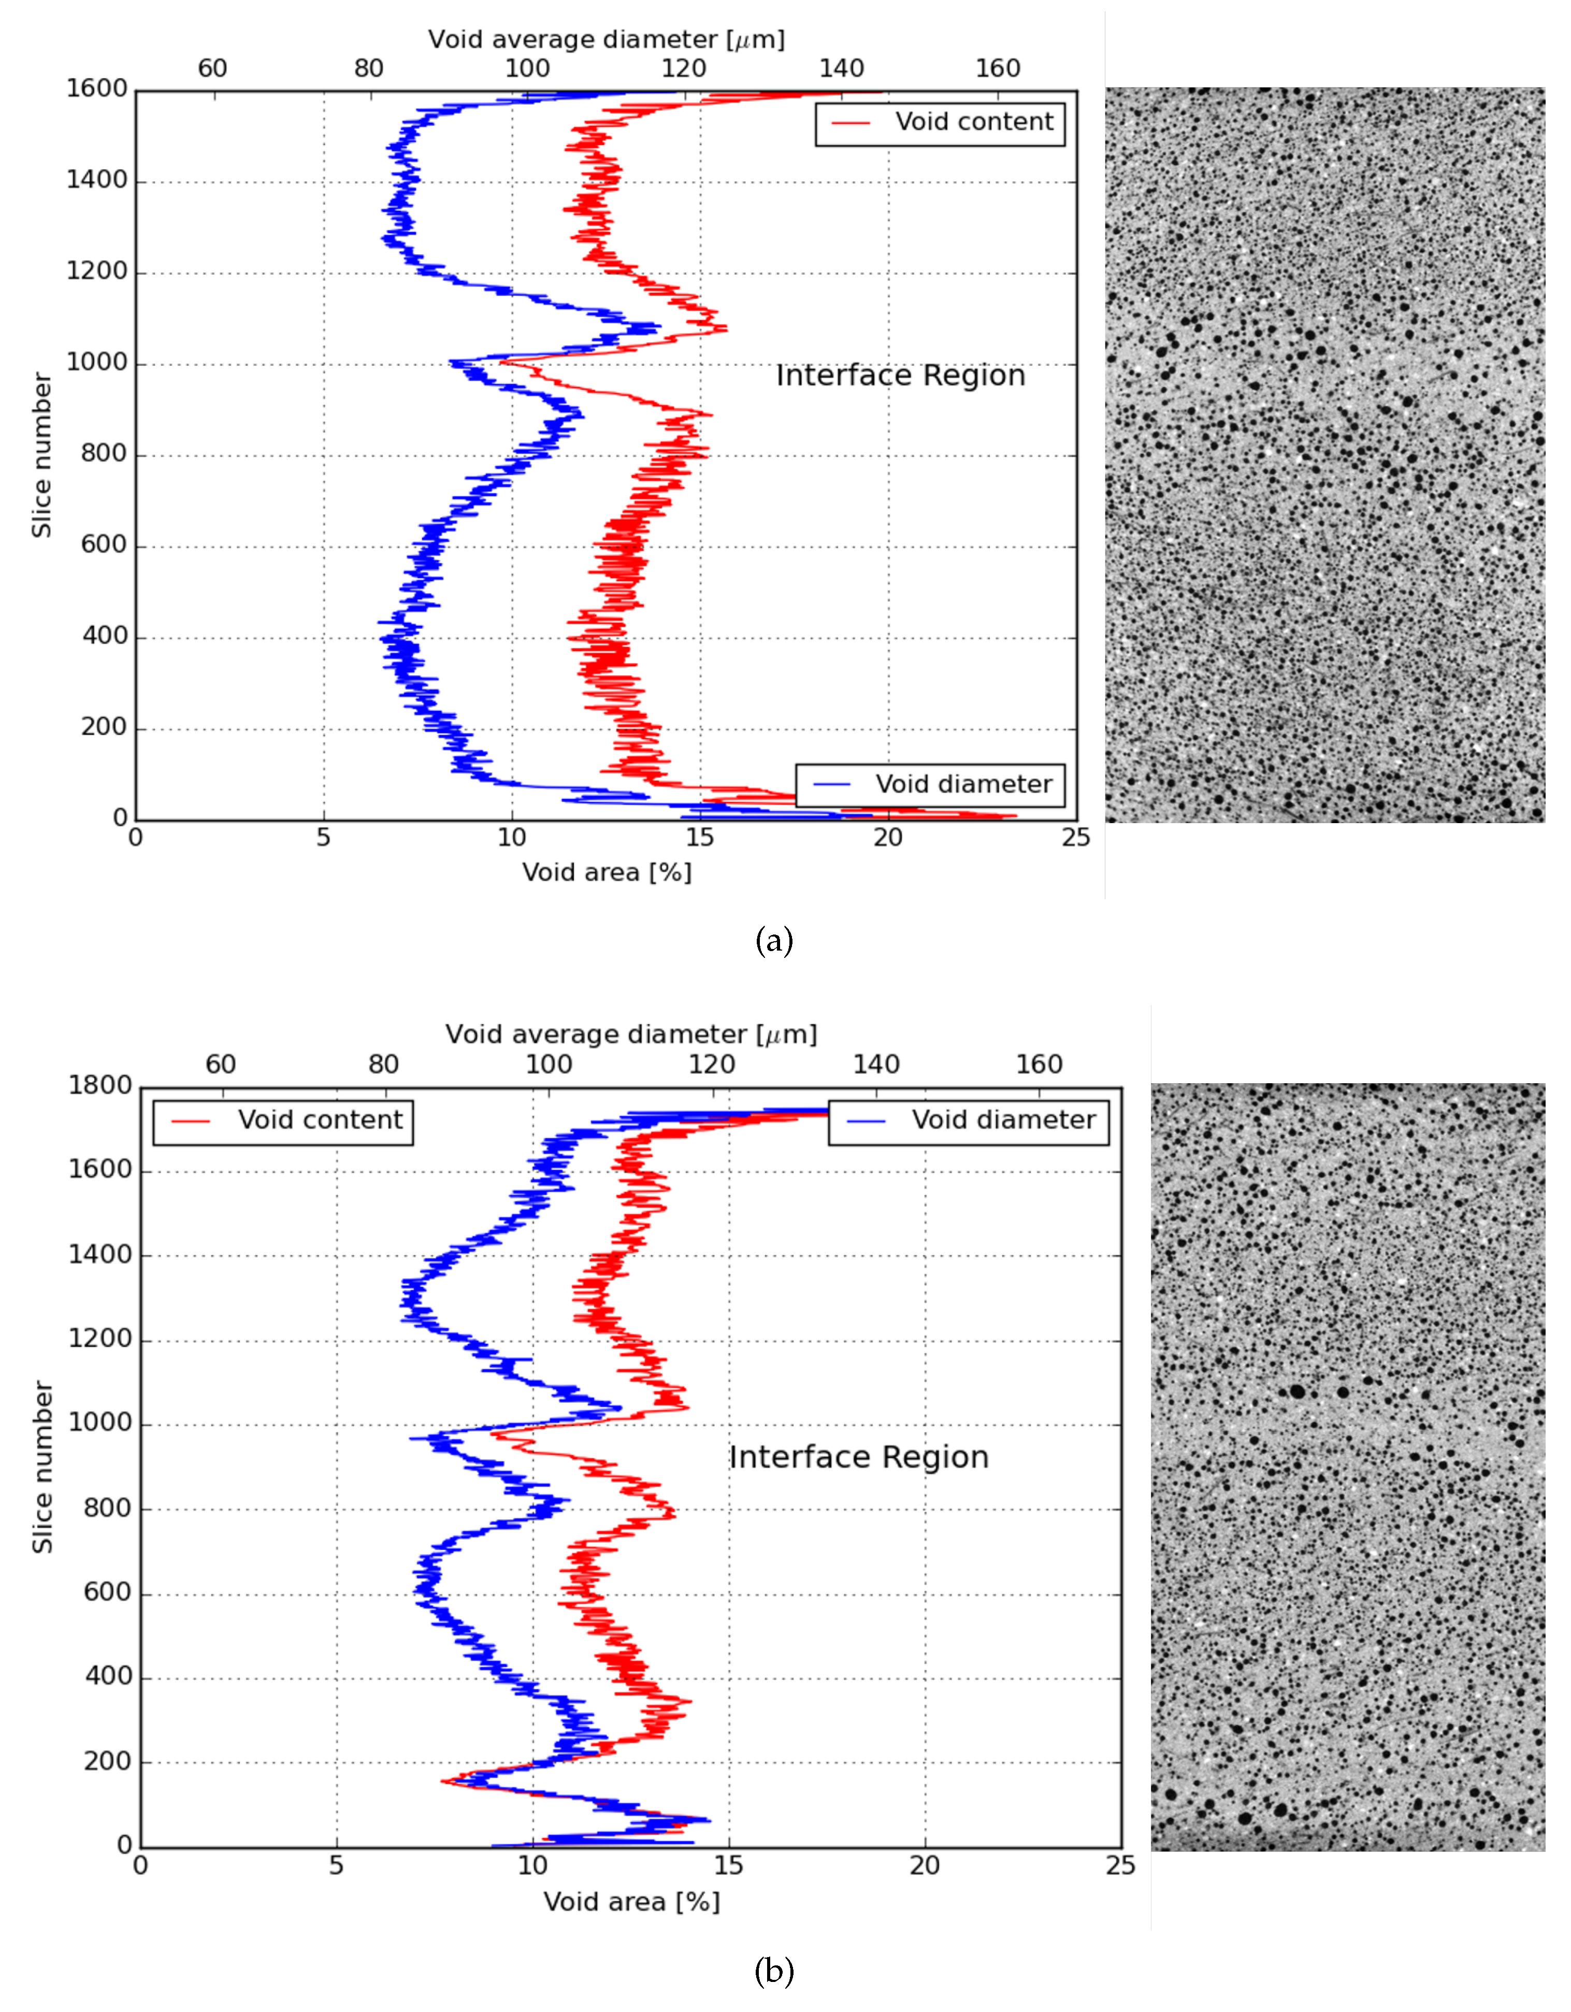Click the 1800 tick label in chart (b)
(x=99, y=1086)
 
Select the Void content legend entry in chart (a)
(x=940, y=123)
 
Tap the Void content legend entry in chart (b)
(x=283, y=1120)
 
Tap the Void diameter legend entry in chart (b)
(x=969, y=1120)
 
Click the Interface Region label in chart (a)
(x=900, y=376)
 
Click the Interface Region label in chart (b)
(x=859, y=1457)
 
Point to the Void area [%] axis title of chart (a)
(x=607, y=872)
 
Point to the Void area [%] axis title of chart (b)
(x=631, y=1902)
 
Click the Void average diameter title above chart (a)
(x=607, y=39)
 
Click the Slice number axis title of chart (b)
(x=42, y=1467)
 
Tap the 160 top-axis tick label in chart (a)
(x=998, y=69)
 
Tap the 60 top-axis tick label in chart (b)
(x=220, y=1065)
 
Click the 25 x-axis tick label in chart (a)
(x=1075, y=838)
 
